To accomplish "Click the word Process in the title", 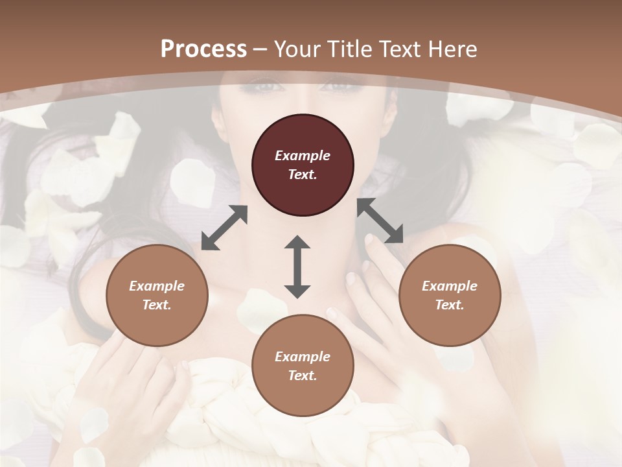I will pyautogui.click(x=203, y=49).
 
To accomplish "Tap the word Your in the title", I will pyautogui.click(x=299, y=49).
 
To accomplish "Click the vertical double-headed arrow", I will pyautogui.click(x=297, y=267).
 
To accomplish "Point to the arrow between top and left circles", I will pyautogui.click(x=224, y=228).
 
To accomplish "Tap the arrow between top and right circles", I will pyautogui.click(x=380, y=221).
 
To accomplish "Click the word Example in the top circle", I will pyautogui.click(x=303, y=156).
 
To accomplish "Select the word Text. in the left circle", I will pyautogui.click(x=157, y=305).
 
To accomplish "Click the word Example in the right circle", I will pyautogui.click(x=450, y=286).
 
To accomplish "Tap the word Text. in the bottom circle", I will pyautogui.click(x=303, y=376).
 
